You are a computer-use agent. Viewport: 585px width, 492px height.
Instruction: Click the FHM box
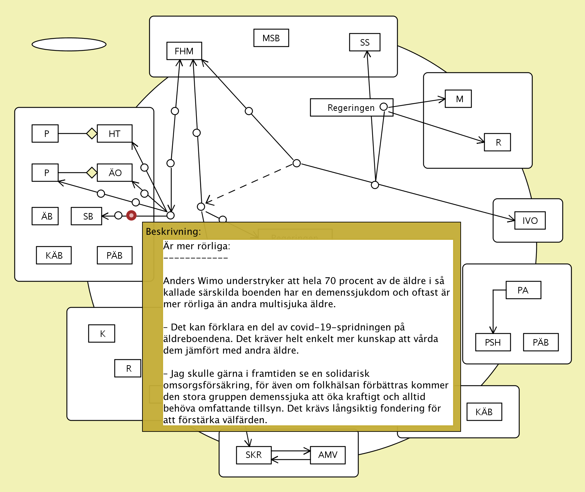tap(184, 51)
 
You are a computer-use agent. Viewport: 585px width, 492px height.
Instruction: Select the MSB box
tap(271, 38)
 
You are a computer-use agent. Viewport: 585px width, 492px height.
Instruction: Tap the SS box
tap(365, 42)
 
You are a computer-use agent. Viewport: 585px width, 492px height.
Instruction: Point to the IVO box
tap(530, 221)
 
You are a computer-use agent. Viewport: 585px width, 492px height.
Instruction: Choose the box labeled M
tap(458, 99)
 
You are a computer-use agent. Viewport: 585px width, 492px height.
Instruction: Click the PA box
tap(523, 290)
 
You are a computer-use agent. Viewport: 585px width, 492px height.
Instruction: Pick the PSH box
tap(493, 342)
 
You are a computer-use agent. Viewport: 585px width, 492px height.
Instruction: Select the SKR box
tap(254, 455)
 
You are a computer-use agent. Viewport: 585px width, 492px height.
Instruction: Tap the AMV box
tap(328, 455)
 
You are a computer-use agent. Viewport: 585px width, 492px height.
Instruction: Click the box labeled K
tap(102, 334)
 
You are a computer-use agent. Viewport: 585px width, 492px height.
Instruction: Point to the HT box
tap(115, 134)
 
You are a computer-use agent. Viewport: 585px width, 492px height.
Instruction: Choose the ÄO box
tap(115, 173)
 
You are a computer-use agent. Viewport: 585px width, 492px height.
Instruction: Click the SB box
tap(87, 216)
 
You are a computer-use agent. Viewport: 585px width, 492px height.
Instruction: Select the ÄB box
tap(45, 216)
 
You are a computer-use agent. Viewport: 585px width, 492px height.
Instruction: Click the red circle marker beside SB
tap(131, 216)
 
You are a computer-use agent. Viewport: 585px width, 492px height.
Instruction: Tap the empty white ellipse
tap(69, 44)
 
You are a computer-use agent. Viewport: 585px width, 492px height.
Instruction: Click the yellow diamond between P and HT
tap(92, 133)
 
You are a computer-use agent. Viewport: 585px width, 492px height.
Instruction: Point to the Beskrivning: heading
tap(173, 232)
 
